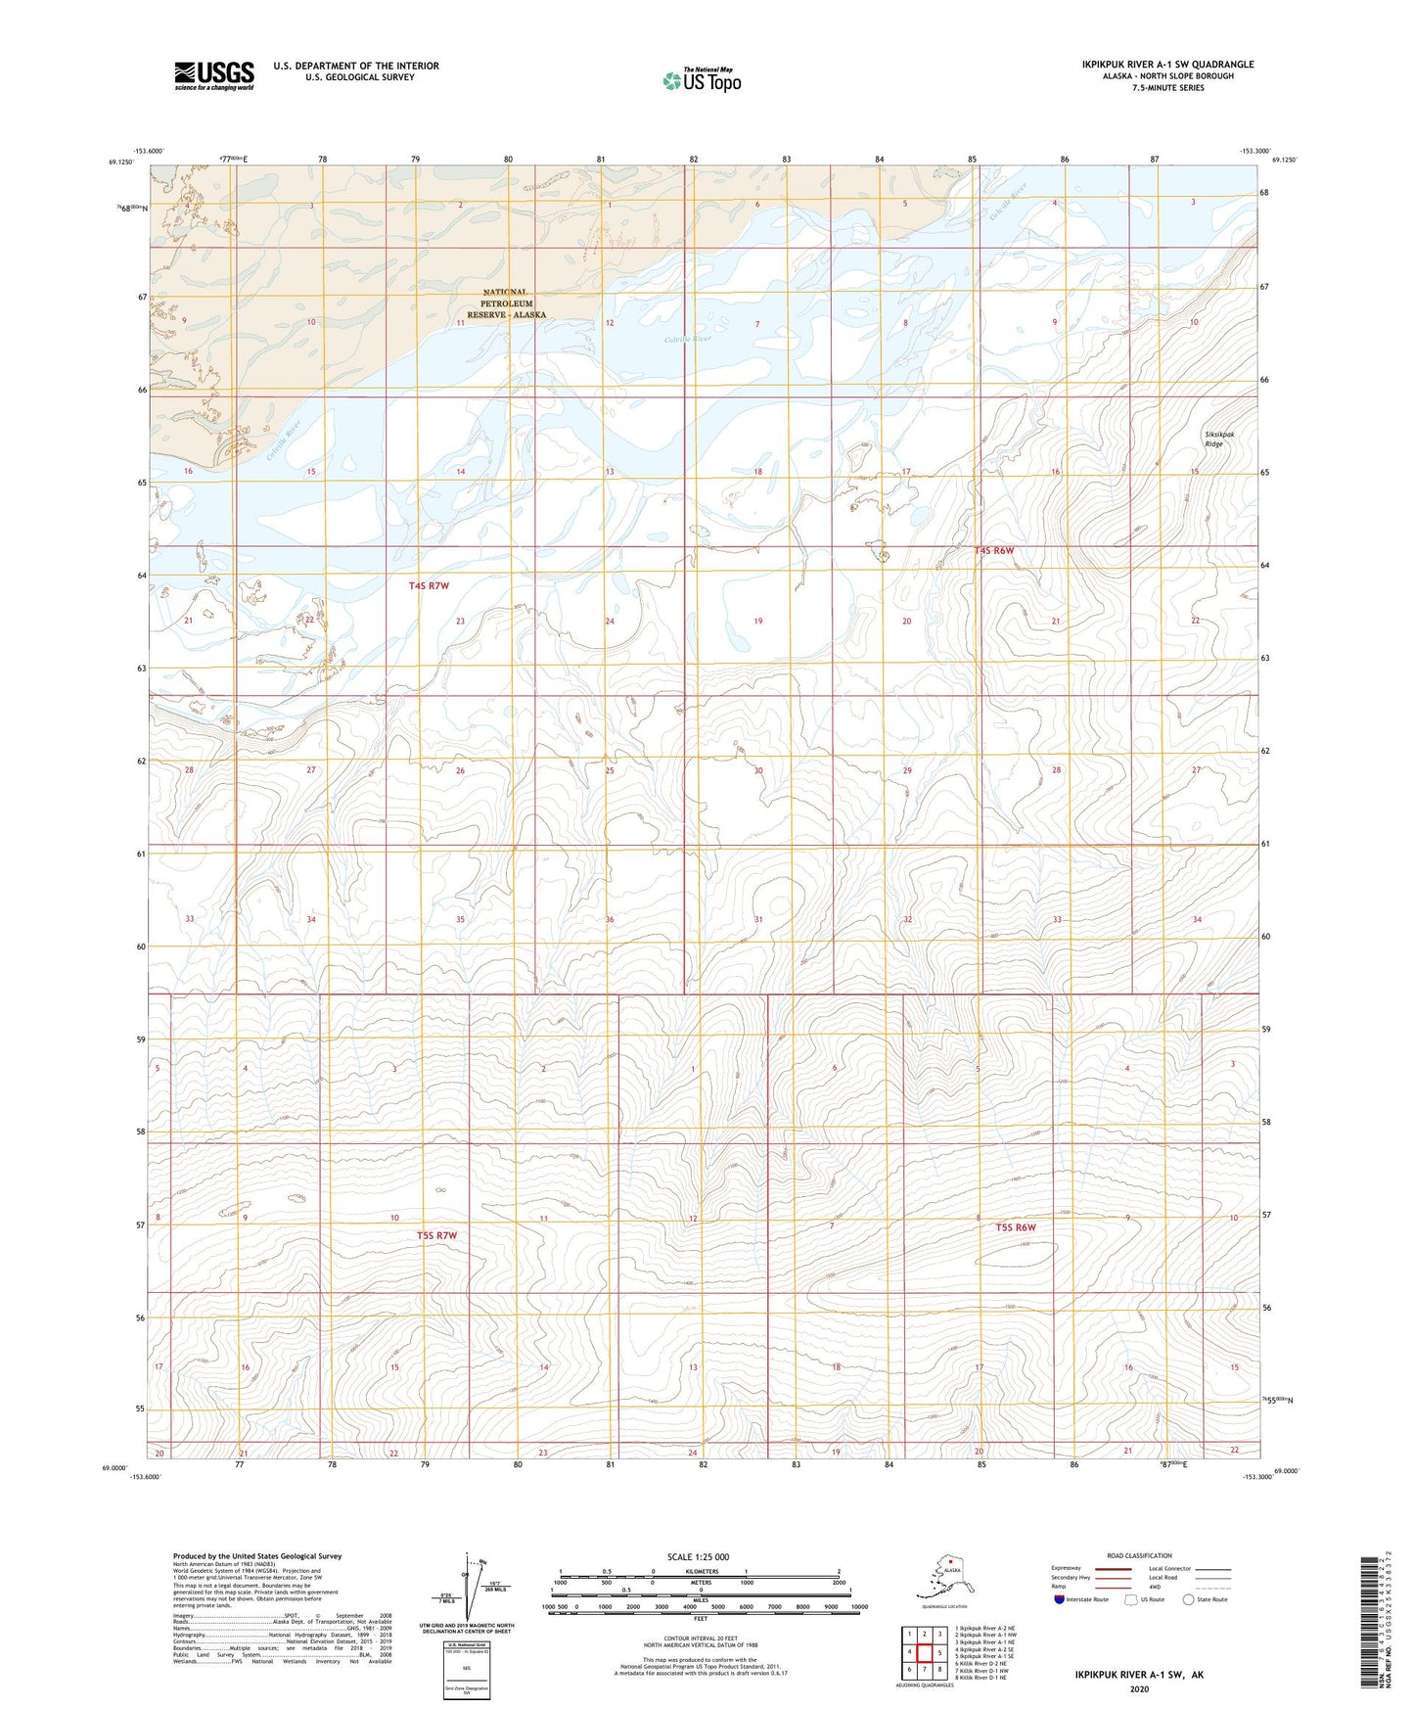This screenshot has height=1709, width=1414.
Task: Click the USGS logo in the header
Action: tap(214, 75)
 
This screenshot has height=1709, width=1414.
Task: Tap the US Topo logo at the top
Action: tap(701, 79)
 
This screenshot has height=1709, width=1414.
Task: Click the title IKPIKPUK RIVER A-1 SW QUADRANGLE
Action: tap(1167, 65)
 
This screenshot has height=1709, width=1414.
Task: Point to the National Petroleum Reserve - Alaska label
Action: tap(506, 303)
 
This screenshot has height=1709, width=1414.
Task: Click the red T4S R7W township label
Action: tap(429, 585)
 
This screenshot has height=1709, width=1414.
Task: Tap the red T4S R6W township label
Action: tap(994, 550)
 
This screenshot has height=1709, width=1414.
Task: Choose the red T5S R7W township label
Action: tap(436, 1235)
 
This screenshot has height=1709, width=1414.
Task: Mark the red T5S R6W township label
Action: tap(1016, 1227)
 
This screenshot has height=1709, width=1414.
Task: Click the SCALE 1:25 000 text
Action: tap(699, 1557)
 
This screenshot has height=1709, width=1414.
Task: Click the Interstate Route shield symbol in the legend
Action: tap(1060, 1600)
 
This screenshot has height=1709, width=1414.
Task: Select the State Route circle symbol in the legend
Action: tap(1189, 1600)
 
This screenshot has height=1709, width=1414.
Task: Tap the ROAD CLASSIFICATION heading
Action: tap(1139, 1555)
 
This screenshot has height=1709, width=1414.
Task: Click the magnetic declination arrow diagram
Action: tap(478, 1587)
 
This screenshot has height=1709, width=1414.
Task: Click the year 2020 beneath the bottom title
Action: tap(1139, 1688)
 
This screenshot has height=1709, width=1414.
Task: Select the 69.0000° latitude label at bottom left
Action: tap(114, 1468)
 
